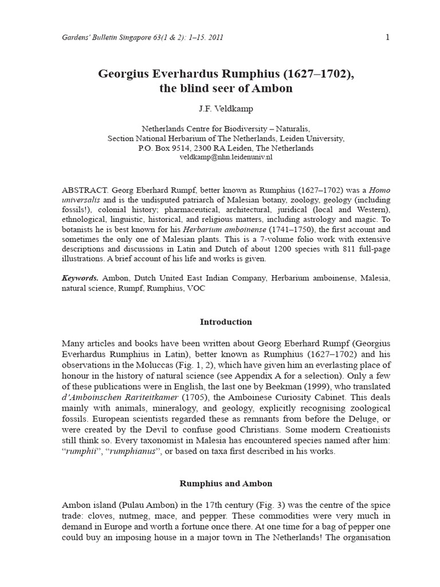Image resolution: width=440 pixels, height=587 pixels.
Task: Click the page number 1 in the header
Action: click(x=387, y=37)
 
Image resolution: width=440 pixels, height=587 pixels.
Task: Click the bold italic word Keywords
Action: click(x=80, y=278)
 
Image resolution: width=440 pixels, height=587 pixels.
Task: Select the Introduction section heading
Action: click(x=226, y=322)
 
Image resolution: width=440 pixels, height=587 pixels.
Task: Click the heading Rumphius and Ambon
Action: click(x=225, y=483)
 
